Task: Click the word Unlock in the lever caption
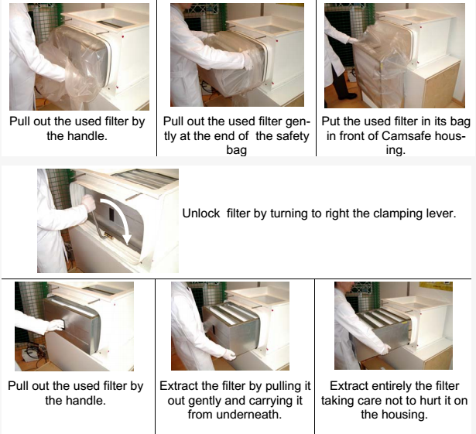[x=201, y=214]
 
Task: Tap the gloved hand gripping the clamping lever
[x=89, y=203]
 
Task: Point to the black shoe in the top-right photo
[x=348, y=96]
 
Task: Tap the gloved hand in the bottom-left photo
[x=56, y=326]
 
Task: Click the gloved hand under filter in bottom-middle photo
[x=229, y=354]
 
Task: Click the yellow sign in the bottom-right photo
[x=436, y=286]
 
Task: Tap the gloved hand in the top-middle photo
[x=248, y=60]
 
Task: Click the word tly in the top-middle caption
[x=170, y=136]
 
